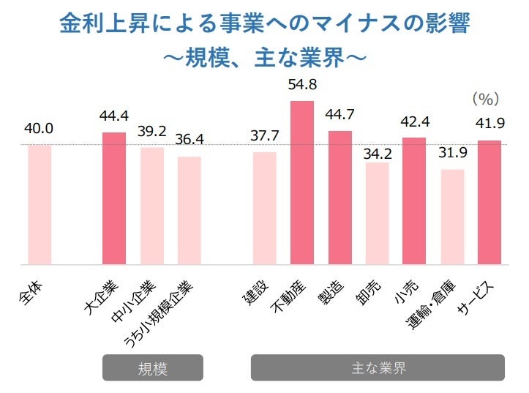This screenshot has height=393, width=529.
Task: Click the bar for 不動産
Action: click(x=302, y=182)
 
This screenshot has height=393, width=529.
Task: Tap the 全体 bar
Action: click(x=40, y=204)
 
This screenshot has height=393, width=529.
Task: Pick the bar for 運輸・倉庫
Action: click(x=452, y=217)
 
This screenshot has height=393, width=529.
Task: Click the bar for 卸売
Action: click(x=377, y=213)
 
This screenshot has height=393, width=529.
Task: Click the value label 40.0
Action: click(x=38, y=129)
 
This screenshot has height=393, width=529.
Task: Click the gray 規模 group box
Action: click(x=152, y=367)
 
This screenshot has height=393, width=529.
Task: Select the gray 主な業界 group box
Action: click(x=378, y=367)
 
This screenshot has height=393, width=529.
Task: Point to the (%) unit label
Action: click(x=484, y=97)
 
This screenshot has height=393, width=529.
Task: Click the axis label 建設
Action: click(x=256, y=291)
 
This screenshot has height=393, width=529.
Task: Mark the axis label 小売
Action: click(x=406, y=291)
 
